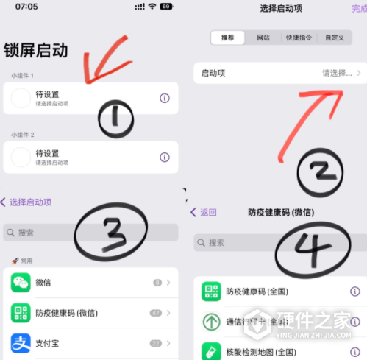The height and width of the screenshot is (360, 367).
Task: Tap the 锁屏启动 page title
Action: pyautogui.click(x=36, y=50)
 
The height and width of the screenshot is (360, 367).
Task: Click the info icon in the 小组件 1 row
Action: pyautogui.click(x=165, y=99)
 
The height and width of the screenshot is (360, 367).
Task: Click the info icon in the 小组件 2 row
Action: pyautogui.click(x=165, y=157)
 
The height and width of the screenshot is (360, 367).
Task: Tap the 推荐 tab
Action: pyautogui.click(x=227, y=37)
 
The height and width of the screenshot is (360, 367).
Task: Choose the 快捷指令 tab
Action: pyautogui.click(x=299, y=37)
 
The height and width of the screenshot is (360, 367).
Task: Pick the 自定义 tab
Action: pyautogui.click(x=335, y=37)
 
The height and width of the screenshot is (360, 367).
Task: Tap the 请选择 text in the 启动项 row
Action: pyautogui.click(x=337, y=74)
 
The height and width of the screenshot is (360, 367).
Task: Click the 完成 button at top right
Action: pyautogui.click(x=359, y=8)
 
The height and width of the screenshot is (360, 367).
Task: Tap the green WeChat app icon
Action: pyautogui.click(x=21, y=283)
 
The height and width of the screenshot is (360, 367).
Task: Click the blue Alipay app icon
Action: pyautogui.click(x=21, y=343)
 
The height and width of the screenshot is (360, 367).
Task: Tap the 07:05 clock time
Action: pyautogui.click(x=26, y=7)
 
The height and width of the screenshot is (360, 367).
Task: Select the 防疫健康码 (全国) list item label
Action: pyautogui.click(x=256, y=292)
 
